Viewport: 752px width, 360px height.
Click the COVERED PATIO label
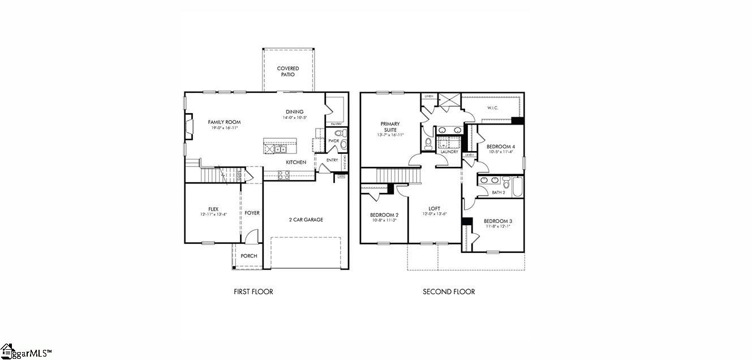(x=288, y=71)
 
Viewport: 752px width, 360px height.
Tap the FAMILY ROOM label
(x=224, y=122)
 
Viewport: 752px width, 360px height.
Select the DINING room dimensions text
(x=294, y=118)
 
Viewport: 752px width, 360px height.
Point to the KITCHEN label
(x=295, y=162)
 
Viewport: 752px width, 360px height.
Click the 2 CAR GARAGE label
(x=306, y=220)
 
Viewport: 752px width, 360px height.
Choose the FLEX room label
(x=213, y=209)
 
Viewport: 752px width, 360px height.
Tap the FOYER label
(x=252, y=213)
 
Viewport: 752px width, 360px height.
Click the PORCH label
(x=248, y=256)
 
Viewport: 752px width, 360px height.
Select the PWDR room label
(x=333, y=141)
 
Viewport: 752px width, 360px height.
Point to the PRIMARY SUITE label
(x=390, y=127)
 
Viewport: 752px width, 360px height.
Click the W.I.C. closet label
(x=492, y=108)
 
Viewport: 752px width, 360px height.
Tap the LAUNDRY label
(x=449, y=152)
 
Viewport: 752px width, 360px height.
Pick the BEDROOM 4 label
(x=500, y=147)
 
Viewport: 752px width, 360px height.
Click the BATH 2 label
(x=498, y=192)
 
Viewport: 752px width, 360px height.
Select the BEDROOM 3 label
(x=498, y=221)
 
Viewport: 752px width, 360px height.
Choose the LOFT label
(x=434, y=209)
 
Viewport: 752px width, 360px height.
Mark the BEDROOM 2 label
(x=384, y=215)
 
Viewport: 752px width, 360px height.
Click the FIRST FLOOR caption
(x=253, y=292)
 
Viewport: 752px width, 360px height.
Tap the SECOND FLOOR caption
(x=449, y=292)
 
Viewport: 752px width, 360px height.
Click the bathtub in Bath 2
(x=517, y=186)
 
